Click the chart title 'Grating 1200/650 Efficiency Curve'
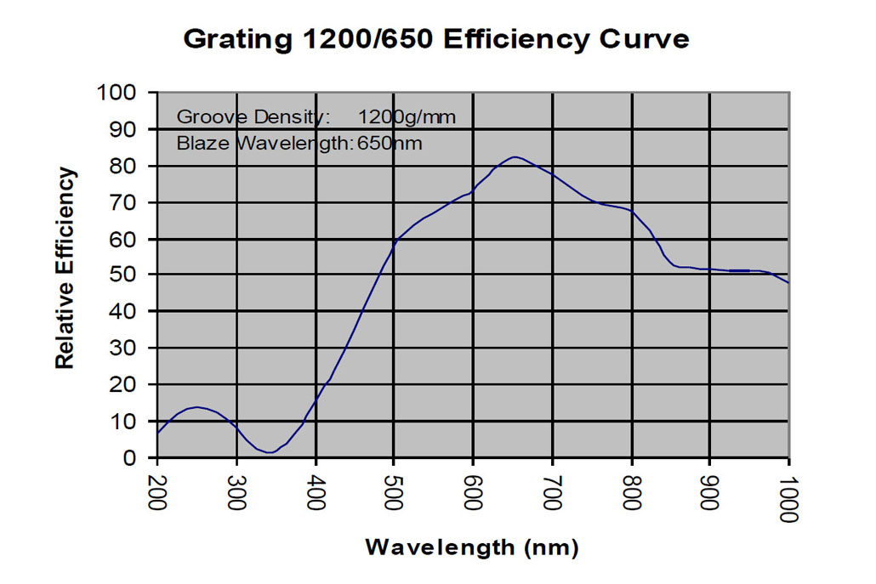(x=436, y=39)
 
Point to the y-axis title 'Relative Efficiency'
(x=65, y=269)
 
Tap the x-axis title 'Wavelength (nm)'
(x=472, y=547)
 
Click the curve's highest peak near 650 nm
(x=515, y=156)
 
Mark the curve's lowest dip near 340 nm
(x=270, y=452)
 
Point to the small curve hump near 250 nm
(x=197, y=407)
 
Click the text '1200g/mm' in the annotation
(x=407, y=117)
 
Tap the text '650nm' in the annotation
(x=389, y=144)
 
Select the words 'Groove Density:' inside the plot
(x=253, y=117)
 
